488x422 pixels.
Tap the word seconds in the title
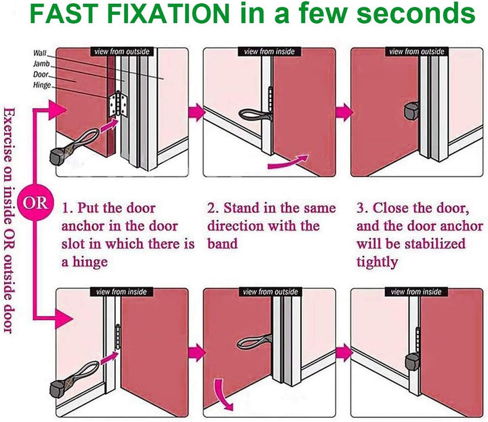tap(415, 14)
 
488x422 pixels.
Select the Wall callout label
tap(39, 53)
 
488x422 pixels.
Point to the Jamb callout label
tap(41, 64)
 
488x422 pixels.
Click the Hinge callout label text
tap(42, 85)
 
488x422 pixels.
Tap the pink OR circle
tap(35, 203)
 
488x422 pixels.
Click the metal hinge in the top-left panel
tap(118, 104)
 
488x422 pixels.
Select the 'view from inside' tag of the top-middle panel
tap(269, 52)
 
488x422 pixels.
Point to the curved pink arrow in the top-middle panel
tap(288, 162)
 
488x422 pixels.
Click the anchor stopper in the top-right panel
tap(411, 111)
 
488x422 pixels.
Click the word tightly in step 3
tap(378, 262)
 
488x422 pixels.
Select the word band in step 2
tap(222, 244)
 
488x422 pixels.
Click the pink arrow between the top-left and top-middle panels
tap(197, 111)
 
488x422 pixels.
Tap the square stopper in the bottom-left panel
tap(58, 387)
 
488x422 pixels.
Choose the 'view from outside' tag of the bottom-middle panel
tap(270, 292)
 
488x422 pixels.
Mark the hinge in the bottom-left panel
tap(118, 337)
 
